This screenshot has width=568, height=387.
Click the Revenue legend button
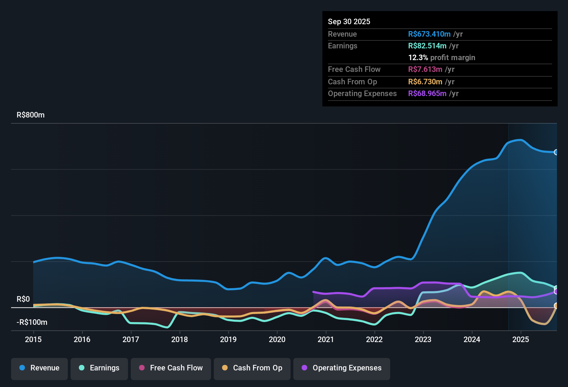pos(39,368)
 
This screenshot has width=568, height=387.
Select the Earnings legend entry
pos(99,368)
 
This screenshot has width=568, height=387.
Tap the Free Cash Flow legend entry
pos(171,368)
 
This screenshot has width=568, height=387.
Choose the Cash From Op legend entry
pos(252,368)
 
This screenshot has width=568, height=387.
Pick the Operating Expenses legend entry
pos(342,368)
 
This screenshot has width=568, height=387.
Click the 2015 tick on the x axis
pos(33,339)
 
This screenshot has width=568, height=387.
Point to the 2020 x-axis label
pos(277,339)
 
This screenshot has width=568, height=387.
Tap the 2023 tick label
pos(423,339)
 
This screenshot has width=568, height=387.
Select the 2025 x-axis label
pos(521,339)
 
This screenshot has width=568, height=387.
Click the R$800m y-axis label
pos(30,115)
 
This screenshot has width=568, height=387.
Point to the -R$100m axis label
pos(32,322)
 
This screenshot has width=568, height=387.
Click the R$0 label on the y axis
pos(23,299)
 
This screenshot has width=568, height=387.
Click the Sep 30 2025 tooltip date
pos(349,21)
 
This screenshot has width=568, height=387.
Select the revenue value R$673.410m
pos(429,34)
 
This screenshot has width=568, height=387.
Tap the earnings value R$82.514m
pos(427,46)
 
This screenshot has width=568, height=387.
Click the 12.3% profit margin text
pos(442,57)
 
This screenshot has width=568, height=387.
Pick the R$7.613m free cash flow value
pos(425,69)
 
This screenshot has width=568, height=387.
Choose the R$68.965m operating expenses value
pos(427,93)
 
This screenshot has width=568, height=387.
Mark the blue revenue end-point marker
pos(556,152)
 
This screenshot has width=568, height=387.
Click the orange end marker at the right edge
pos(556,305)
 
